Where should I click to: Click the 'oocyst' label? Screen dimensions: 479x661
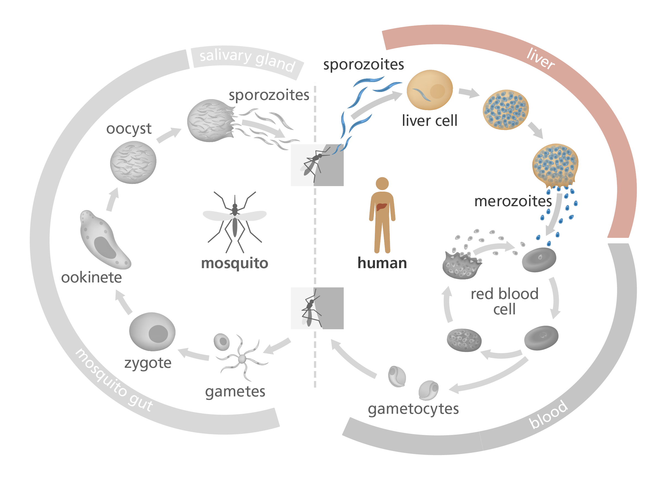(x=129, y=129)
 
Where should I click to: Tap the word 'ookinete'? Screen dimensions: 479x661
(x=91, y=277)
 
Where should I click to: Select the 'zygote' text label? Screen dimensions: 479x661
(x=148, y=363)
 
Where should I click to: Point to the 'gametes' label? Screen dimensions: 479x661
(x=235, y=391)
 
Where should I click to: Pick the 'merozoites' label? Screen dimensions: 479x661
(x=513, y=201)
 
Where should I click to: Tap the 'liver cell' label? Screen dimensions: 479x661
(x=430, y=120)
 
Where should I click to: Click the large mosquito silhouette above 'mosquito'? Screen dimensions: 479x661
(x=235, y=221)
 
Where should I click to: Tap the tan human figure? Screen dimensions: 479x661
(x=382, y=216)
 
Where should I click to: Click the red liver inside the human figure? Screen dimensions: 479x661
(x=381, y=206)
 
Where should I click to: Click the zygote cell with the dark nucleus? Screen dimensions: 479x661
(x=152, y=331)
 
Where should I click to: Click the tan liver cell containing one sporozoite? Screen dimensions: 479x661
(x=430, y=90)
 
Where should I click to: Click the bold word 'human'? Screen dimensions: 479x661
(x=382, y=263)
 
